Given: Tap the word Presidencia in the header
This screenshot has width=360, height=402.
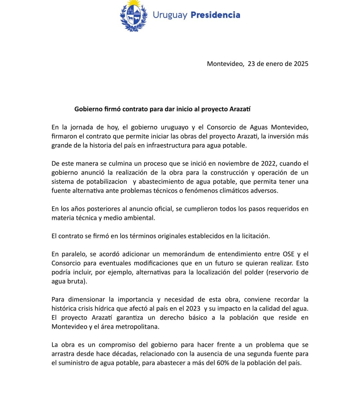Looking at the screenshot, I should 215,15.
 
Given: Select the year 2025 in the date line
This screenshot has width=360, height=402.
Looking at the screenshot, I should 301,64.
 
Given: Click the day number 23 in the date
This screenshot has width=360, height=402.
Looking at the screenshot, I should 251,64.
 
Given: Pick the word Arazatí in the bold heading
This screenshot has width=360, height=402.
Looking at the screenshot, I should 240,109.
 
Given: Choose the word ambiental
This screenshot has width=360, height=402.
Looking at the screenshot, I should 139,218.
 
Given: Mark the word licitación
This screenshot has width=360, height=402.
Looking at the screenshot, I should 254,236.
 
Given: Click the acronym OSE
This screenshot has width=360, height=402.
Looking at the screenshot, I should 289,254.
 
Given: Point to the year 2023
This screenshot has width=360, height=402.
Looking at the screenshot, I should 193,308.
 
